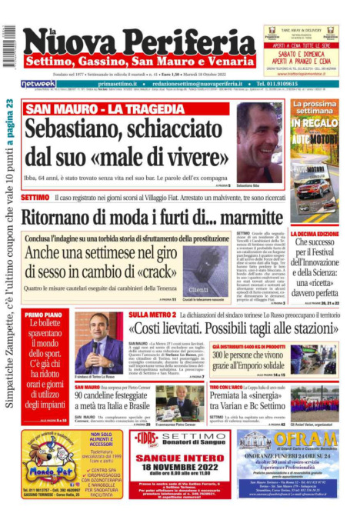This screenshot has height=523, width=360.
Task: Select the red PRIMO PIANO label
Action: pos(44,315)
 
